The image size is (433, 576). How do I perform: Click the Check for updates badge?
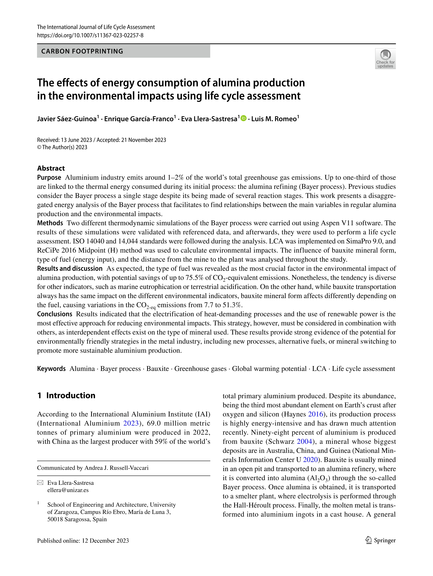click(385, 59)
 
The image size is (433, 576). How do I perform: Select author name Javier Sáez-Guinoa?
click(67, 119)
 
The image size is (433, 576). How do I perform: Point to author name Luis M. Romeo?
click(274, 119)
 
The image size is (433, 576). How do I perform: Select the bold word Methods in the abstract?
click(50, 223)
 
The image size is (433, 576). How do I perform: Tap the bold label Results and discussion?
click(70, 269)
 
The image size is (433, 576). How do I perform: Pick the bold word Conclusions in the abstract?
click(55, 314)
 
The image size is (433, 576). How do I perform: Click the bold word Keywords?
click(51, 369)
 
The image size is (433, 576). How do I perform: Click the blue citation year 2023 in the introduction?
click(131, 423)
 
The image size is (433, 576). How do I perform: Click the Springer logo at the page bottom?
click(380, 541)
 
